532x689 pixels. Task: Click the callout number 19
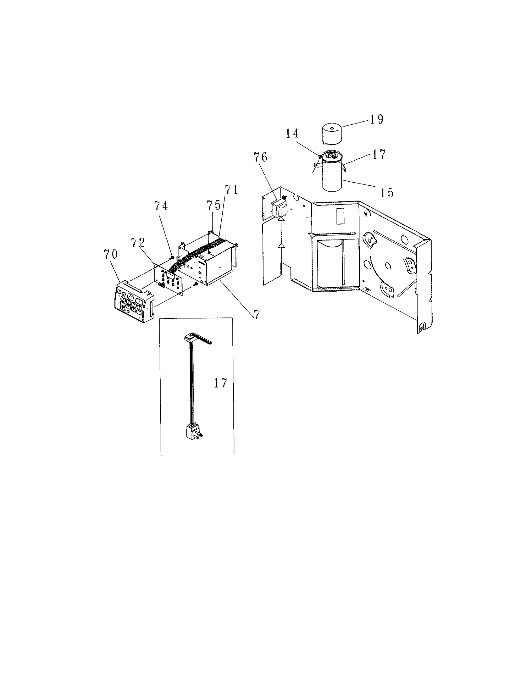coord(377,119)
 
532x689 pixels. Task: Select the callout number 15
coord(387,193)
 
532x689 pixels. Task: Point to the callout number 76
coord(260,157)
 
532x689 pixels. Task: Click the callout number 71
coord(232,190)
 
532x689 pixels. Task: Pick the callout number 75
coord(213,206)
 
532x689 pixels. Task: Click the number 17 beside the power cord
coord(220,384)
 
